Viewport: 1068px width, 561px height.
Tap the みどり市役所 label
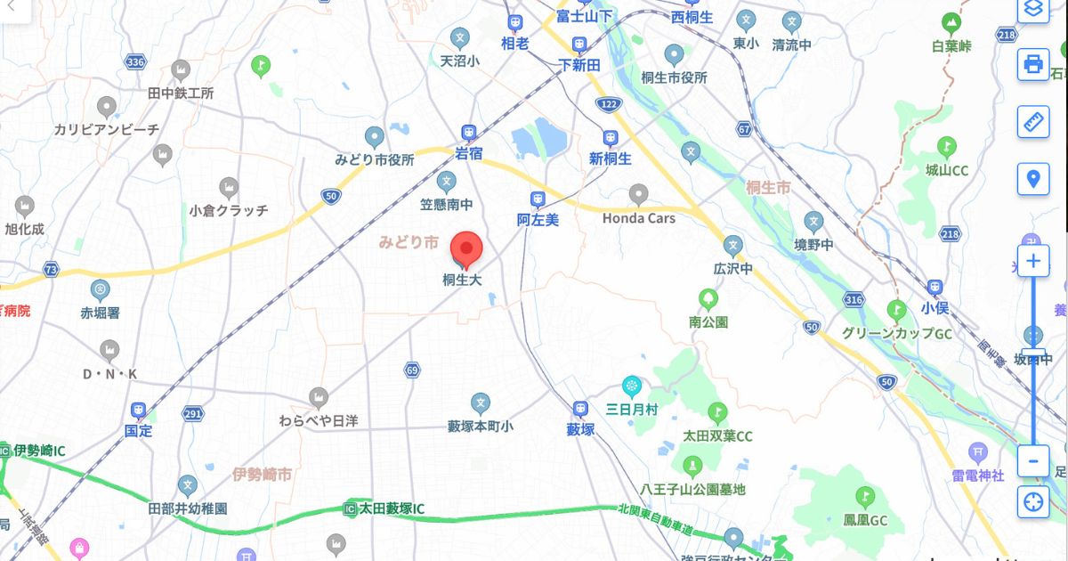[x=374, y=160]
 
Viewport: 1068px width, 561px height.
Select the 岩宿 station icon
[x=468, y=133]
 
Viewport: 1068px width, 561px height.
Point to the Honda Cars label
[x=638, y=218]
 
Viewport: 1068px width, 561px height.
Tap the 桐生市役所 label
[x=674, y=77]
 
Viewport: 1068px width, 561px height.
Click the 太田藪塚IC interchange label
[x=392, y=508]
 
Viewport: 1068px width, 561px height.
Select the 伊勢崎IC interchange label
[x=39, y=451]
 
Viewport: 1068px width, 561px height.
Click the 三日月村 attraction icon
[x=632, y=386]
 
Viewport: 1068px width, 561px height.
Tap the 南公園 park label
[x=708, y=321]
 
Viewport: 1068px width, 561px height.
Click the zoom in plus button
[x=1032, y=261]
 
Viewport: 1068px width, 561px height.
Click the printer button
[x=1032, y=64]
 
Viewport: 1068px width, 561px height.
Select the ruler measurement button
[x=1032, y=121]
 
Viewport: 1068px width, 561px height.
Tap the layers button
[x=1032, y=10]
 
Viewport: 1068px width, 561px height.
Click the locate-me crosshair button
[x=1032, y=500]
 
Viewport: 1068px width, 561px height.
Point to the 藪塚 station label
[x=580, y=429]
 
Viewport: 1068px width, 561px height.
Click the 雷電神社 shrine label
[x=978, y=476]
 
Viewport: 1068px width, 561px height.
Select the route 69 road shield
[x=411, y=370]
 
